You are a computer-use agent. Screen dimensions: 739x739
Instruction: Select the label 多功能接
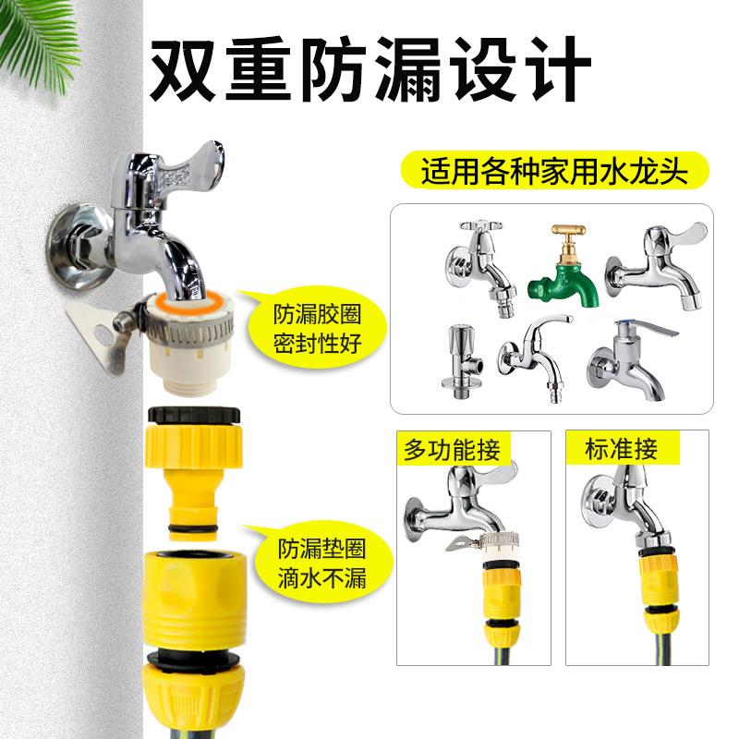click(x=452, y=450)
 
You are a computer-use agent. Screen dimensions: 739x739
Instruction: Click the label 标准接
click(x=622, y=450)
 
